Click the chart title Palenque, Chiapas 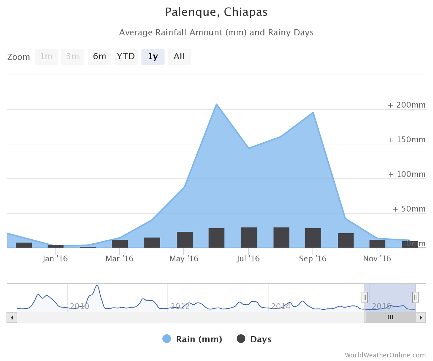tap(216, 12)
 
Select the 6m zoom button tap(99, 57)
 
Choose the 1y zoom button tap(153, 57)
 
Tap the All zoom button tap(179, 57)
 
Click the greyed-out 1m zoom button tap(46, 57)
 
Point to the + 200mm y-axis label tap(407, 105)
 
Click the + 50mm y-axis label tap(409, 209)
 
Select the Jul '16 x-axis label tap(248, 259)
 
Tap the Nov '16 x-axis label tap(377, 259)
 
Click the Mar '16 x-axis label tap(119, 259)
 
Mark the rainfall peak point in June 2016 tap(216, 104)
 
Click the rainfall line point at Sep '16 tap(313, 113)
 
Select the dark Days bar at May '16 tap(184, 240)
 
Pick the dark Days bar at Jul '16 tap(249, 238)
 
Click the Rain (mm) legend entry tap(192, 339)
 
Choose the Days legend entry tap(254, 339)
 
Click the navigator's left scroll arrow tap(12, 317)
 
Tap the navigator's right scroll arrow tap(420, 317)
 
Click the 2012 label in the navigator tap(180, 306)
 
